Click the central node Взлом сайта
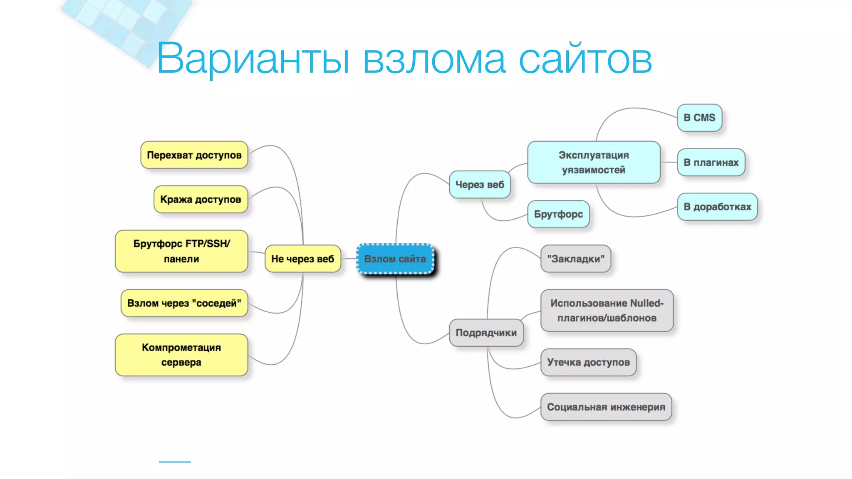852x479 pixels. point(395,259)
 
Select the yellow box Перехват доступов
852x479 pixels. point(194,155)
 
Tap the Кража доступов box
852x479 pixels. point(201,200)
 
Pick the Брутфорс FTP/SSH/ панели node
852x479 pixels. point(181,251)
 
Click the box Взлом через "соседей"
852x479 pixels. point(184,303)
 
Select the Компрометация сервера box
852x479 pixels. point(181,355)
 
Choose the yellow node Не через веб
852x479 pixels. point(302,259)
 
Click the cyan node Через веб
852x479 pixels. point(479,185)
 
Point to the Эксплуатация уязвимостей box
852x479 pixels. point(593,162)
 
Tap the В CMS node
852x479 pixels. point(699,118)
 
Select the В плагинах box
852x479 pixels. point(711,162)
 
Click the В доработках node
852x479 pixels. point(717,207)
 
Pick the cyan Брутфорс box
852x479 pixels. point(558,214)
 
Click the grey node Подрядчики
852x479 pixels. point(486,333)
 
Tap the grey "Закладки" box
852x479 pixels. point(575,259)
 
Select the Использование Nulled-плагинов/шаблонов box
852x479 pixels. point(607,311)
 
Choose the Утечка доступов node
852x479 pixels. point(588,362)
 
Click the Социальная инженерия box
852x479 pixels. point(606,407)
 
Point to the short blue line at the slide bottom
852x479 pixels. point(175,462)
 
